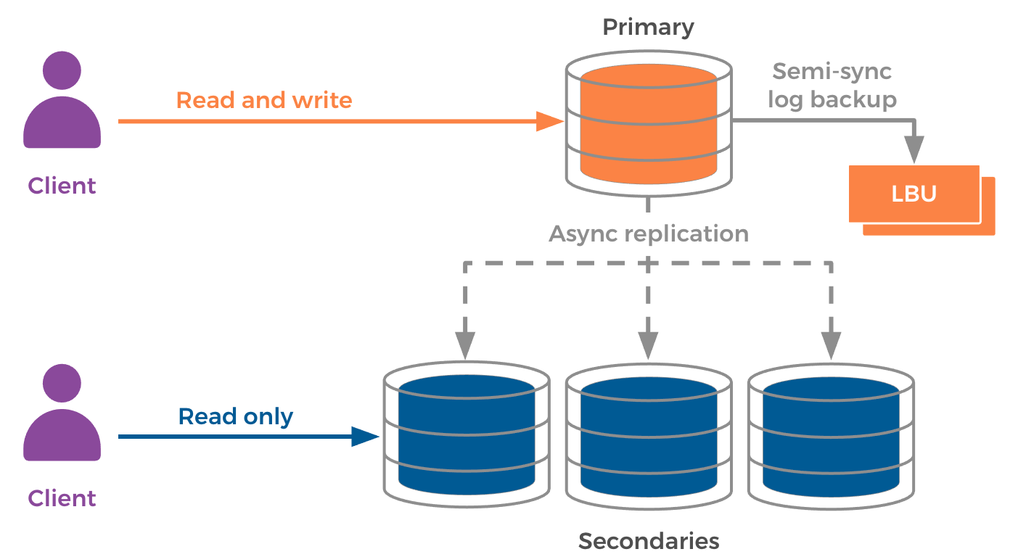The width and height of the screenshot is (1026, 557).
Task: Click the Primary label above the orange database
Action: (648, 28)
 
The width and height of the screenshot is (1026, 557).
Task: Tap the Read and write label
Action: (264, 100)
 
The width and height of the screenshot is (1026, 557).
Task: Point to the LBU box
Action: (914, 194)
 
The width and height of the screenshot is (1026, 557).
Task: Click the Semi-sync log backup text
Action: (832, 85)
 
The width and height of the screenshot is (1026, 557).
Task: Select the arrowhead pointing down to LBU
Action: (916, 150)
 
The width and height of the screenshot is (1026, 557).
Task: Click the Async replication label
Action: (649, 234)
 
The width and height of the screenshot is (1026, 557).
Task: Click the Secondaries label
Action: (649, 540)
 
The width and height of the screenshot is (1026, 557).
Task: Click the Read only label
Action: (236, 416)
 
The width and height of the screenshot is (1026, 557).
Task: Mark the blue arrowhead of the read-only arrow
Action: (365, 437)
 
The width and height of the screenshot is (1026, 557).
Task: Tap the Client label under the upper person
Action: (62, 186)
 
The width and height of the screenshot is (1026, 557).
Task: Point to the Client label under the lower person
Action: (62, 498)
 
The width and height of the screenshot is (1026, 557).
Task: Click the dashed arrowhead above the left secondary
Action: (465, 345)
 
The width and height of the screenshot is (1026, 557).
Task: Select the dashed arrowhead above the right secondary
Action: (831, 345)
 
